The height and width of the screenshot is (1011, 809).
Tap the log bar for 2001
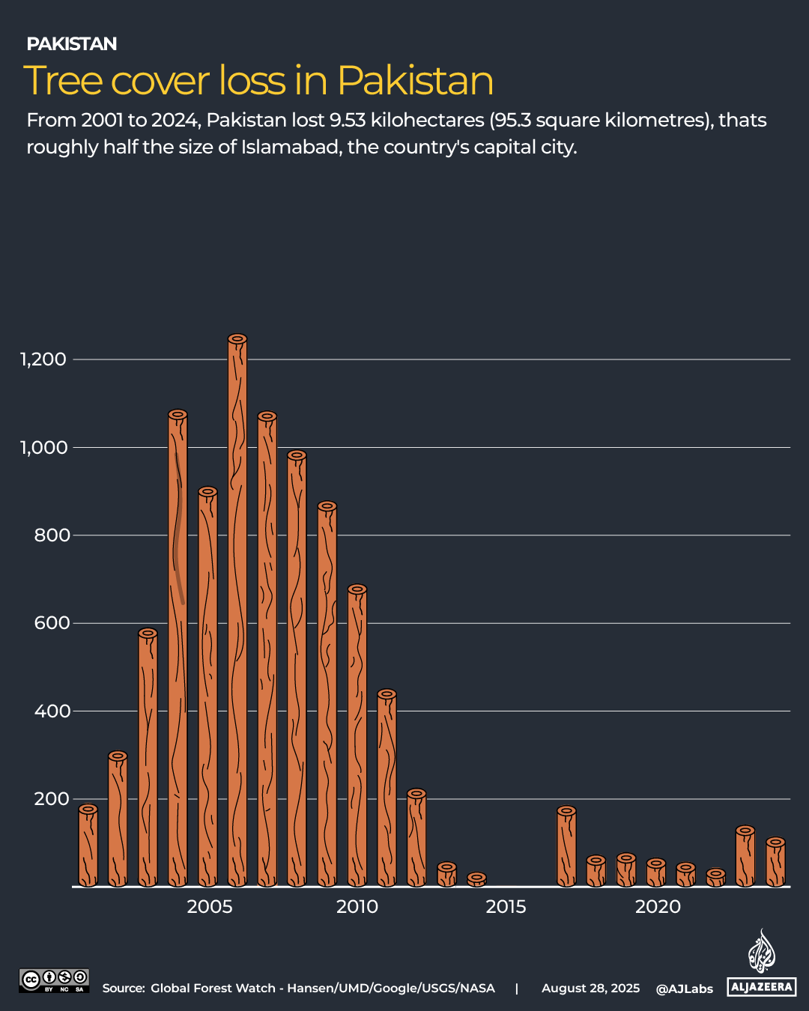click(88, 846)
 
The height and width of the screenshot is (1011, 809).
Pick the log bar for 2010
click(357, 737)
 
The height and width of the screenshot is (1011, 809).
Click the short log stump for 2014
click(476, 880)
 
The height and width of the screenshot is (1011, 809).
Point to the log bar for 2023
click(745, 858)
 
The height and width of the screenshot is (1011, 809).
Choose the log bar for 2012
click(416, 839)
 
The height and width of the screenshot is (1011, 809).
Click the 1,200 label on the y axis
click(43, 359)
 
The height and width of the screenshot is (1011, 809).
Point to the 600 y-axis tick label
click(52, 623)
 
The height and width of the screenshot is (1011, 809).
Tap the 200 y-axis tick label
click(52, 799)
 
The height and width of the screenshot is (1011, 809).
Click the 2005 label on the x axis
click(210, 907)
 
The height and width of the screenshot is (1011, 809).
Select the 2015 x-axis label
click(506, 907)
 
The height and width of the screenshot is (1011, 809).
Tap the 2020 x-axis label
click(658, 907)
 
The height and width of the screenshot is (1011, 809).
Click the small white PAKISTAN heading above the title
click(72, 44)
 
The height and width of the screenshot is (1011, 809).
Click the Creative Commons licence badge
click(54, 980)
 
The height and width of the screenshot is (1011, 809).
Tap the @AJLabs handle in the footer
click(685, 989)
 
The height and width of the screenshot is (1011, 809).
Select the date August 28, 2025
click(590, 989)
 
